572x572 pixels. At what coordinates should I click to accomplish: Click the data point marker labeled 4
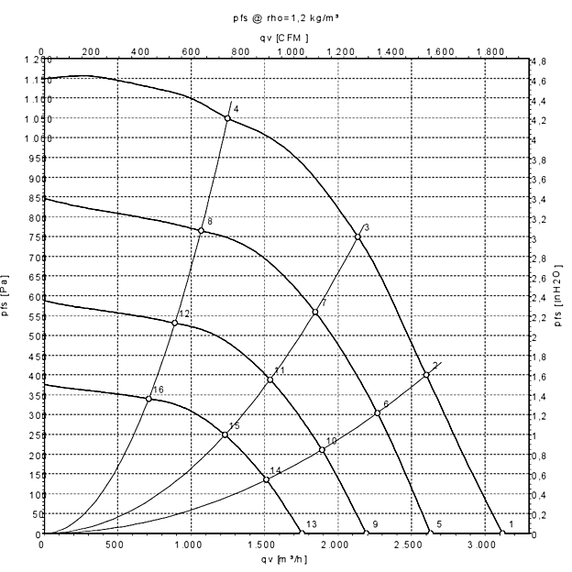[227, 118]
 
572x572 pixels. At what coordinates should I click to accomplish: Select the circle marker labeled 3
[357, 236]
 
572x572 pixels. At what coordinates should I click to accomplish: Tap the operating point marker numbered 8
[201, 230]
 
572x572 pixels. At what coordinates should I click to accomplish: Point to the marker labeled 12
[174, 323]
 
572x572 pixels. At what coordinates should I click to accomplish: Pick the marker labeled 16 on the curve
[148, 398]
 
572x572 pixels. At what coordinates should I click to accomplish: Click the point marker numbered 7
[315, 312]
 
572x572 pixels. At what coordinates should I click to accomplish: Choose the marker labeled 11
[269, 379]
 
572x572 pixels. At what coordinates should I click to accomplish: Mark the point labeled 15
[225, 434]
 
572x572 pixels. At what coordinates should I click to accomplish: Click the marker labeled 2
[426, 374]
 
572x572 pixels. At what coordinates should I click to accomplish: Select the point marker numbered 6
[377, 412]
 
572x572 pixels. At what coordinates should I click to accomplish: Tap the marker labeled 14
[266, 479]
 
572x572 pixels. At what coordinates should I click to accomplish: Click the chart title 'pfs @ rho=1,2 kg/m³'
[285, 17]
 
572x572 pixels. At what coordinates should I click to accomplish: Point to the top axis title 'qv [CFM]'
[285, 38]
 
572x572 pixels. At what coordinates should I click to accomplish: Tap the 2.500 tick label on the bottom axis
[410, 545]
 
